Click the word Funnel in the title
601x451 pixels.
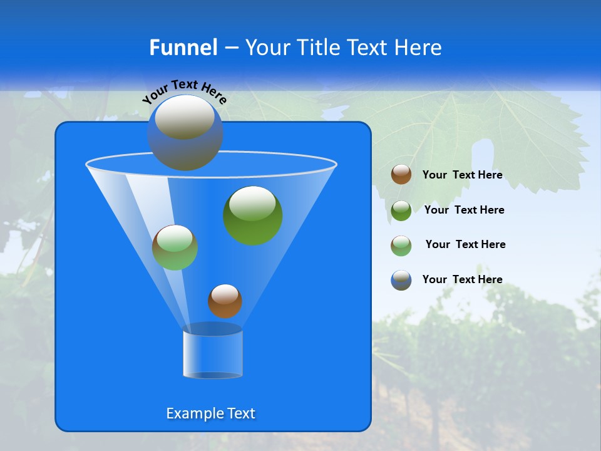[183, 47]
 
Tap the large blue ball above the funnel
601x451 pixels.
[185, 132]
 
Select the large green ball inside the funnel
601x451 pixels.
[253, 215]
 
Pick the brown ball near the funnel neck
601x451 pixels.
[225, 301]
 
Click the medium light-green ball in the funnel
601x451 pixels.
[175, 247]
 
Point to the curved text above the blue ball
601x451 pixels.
[184, 91]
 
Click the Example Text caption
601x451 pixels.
[210, 413]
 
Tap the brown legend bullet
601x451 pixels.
[401, 175]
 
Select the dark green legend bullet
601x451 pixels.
[401, 210]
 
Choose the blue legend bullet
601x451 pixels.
[401, 280]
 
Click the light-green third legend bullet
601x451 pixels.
[401, 246]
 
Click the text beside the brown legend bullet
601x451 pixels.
[462, 175]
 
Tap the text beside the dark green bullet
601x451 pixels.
[464, 210]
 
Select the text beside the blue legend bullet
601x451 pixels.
[462, 279]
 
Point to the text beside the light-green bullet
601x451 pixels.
[465, 244]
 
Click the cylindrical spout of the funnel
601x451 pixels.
[213, 354]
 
